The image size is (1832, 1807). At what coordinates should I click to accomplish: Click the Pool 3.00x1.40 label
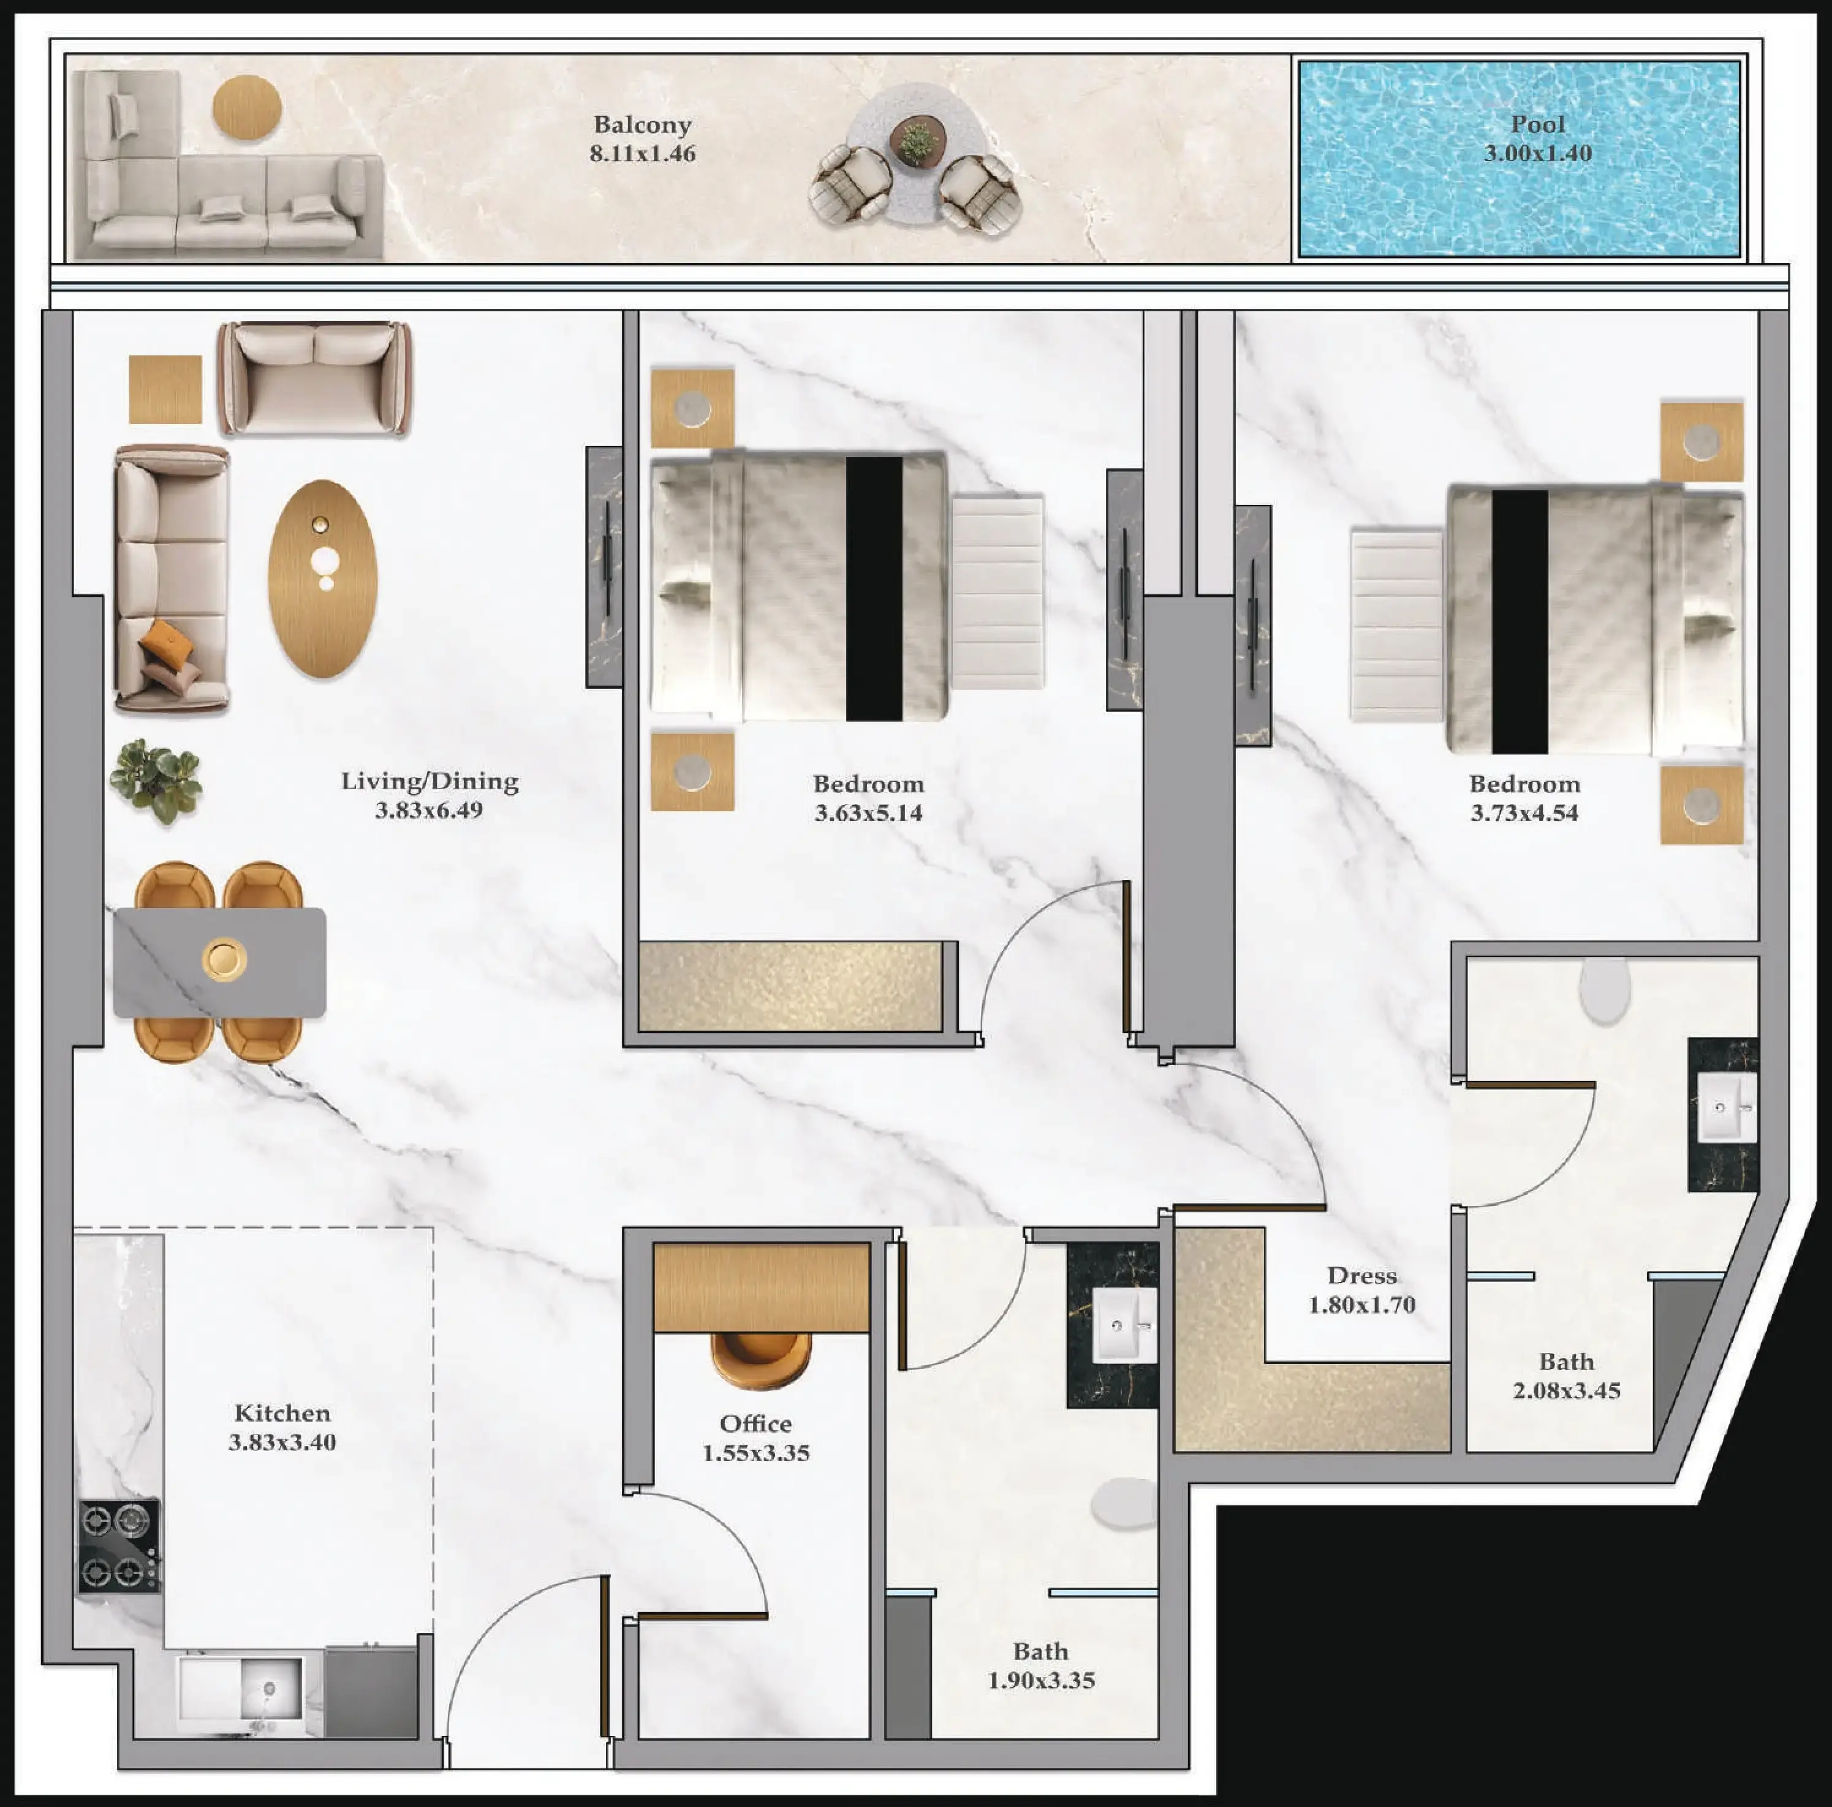click(1537, 138)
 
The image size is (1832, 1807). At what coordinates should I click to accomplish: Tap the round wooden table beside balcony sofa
click(246, 108)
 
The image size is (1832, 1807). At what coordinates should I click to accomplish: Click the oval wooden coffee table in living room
click(322, 578)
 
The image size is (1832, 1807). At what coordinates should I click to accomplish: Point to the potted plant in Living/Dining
click(156, 779)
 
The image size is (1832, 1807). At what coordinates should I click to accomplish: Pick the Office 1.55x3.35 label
click(755, 1438)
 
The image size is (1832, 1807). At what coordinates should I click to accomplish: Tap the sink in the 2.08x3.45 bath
click(1723, 1107)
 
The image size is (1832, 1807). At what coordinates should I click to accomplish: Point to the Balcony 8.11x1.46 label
click(642, 138)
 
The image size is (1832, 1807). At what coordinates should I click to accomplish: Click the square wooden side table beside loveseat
click(166, 388)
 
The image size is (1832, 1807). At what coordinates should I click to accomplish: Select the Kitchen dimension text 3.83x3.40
click(282, 1442)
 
